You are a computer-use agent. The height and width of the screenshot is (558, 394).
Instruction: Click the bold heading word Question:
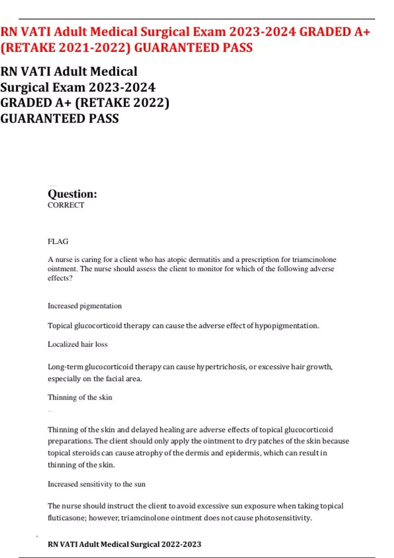72,194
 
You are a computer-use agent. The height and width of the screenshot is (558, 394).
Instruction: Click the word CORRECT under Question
66,205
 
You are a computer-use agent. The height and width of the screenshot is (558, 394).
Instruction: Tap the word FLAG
58,242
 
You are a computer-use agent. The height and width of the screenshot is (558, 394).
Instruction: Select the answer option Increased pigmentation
84,306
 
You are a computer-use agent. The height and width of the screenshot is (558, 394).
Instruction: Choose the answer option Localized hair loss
77,344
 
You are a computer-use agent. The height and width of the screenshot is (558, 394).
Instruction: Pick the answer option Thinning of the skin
80,397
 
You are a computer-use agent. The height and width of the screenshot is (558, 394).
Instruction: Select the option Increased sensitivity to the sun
96,484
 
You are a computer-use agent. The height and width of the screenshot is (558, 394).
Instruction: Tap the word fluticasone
67,518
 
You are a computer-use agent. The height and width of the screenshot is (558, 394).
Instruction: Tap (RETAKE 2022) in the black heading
122,103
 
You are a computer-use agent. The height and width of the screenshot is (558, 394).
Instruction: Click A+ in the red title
362,32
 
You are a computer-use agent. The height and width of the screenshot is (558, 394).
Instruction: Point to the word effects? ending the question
60,278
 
